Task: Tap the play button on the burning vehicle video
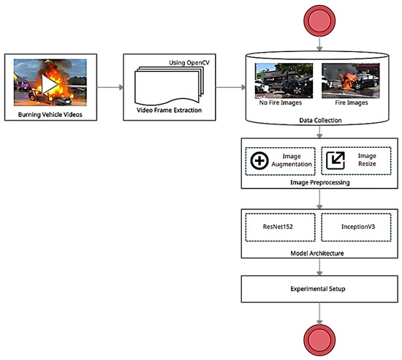pos(50,86)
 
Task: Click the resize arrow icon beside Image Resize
pos(337,161)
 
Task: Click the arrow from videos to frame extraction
pos(105,86)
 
